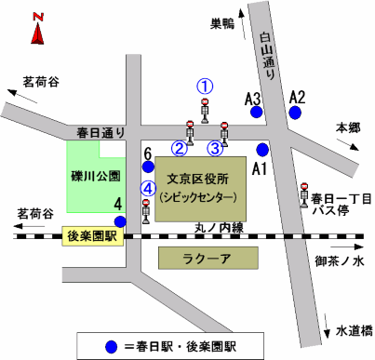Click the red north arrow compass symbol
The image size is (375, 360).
[37, 31]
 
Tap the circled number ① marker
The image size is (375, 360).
[206, 85]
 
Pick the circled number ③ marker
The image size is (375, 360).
[214, 146]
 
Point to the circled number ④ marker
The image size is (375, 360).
[145, 188]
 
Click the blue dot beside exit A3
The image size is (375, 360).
[256, 113]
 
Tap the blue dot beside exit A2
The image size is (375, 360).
[296, 113]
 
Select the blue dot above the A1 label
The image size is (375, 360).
[262, 149]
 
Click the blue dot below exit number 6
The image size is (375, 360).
[147, 167]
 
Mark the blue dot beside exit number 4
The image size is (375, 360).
[120, 220]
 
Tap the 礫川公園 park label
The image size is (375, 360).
[97, 176]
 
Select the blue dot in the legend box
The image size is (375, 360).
[113, 345]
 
